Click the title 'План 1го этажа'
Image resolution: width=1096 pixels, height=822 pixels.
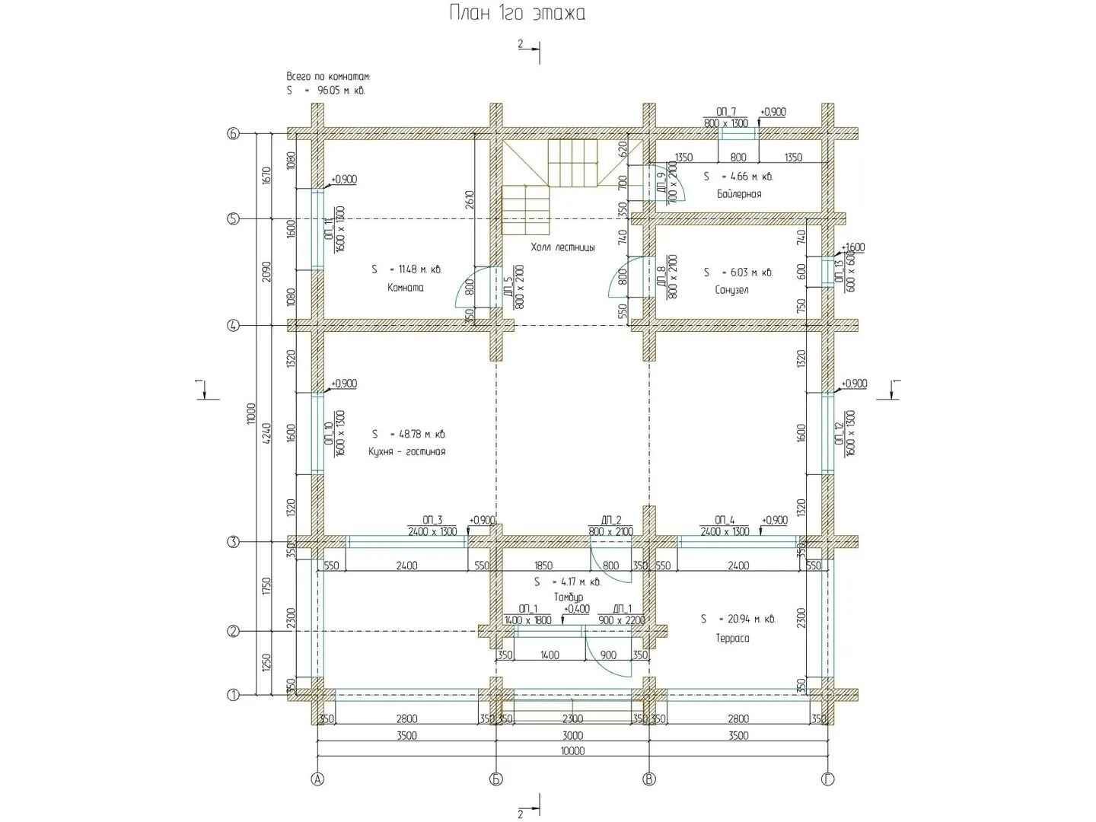[517, 14]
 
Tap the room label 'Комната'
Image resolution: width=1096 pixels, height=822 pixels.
[406, 288]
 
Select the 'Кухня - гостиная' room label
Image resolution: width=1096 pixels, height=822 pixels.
[406, 451]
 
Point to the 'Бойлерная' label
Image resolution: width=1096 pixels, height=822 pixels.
[738, 194]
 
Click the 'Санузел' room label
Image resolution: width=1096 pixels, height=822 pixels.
[731, 290]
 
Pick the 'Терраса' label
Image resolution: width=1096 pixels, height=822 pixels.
[732, 639]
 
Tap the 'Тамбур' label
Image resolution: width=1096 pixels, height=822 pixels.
[569, 597]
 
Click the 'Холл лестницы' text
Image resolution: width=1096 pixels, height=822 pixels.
[563, 247]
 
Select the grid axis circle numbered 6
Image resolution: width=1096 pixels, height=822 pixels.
[234, 134]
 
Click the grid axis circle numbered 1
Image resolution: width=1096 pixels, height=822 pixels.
[234, 695]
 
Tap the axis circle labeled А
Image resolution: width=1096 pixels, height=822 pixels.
[318, 779]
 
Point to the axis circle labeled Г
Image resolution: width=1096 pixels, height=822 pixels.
[827, 779]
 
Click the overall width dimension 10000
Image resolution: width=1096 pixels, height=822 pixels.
[572, 751]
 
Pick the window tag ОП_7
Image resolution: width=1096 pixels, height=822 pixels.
[726, 112]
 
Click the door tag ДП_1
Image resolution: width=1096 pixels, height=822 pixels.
[622, 609]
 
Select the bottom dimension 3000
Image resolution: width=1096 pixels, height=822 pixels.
[572, 735]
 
